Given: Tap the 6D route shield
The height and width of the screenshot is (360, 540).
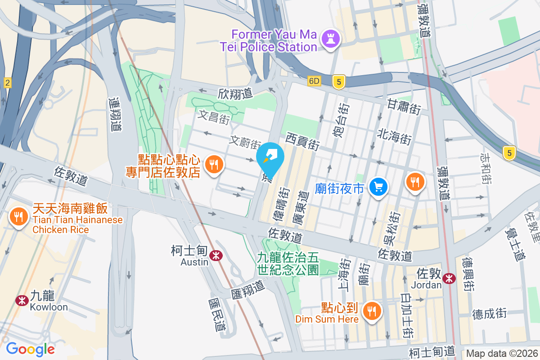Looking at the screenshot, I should pos(314,81).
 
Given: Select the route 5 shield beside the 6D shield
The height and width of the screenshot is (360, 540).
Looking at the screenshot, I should pos(339,81).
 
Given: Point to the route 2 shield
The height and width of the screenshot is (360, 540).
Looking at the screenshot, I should pos(7,82).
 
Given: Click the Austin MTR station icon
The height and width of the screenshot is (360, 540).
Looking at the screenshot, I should pos(217,256).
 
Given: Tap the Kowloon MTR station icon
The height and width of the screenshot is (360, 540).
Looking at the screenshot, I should pos(21,300).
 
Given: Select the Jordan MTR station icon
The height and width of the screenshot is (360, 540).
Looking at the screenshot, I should pos(449,278).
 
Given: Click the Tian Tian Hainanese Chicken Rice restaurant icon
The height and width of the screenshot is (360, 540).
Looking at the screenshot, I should pos(18,218).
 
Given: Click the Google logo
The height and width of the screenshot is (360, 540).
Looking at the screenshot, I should pos(30,349).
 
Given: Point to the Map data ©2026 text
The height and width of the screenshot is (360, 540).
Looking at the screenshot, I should pos(502,353).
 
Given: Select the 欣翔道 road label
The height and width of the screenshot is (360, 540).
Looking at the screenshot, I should pos(235,93).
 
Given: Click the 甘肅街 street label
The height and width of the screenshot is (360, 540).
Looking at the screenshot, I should pos(404,107).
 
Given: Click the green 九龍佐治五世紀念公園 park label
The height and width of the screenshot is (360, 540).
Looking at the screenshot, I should pos(288,263).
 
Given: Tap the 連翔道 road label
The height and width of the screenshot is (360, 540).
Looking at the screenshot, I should pos(116,114).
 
